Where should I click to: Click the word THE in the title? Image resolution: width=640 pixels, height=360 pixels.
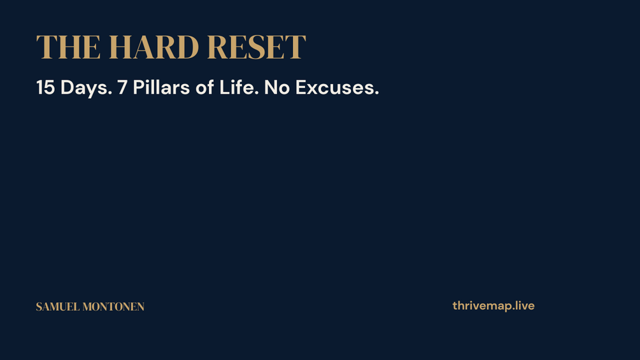click(68, 47)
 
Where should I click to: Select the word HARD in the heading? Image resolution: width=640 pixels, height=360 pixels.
click(154, 47)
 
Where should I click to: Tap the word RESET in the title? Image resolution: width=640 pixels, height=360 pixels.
click(257, 47)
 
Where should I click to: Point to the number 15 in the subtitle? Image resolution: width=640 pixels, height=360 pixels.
click(46, 87)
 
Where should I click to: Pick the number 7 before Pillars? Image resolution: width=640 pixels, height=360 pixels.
click(122, 87)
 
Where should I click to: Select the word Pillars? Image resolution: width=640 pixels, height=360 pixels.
click(161, 87)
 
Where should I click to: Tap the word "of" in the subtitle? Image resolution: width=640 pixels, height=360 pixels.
click(204, 87)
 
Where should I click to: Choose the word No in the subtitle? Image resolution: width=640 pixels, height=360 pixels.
click(277, 87)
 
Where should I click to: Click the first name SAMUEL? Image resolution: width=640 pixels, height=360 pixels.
click(57, 307)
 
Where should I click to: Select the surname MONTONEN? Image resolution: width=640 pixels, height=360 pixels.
click(113, 307)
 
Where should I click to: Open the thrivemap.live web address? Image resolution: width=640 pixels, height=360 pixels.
click(494, 306)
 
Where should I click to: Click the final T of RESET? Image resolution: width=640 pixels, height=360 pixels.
click(295, 47)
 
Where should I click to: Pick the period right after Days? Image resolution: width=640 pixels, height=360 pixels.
click(110, 94)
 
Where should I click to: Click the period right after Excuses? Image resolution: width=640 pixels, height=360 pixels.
click(377, 94)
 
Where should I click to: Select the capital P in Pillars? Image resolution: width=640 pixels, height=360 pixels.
click(139, 87)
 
